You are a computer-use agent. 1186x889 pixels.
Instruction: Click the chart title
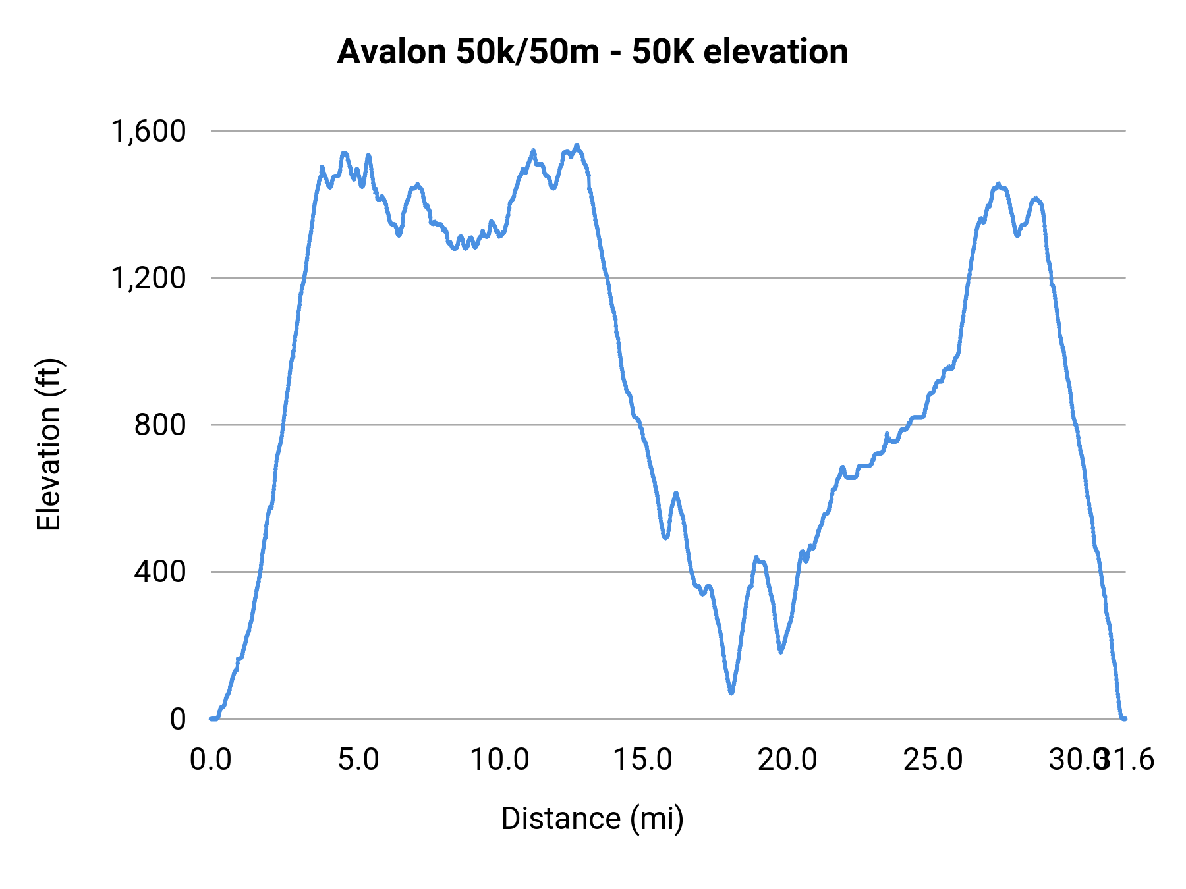point(592,52)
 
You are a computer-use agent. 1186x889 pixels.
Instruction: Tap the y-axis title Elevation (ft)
point(49,444)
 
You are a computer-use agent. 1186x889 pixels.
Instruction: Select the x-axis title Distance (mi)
point(592,819)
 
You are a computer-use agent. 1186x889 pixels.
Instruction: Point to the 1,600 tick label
point(149,131)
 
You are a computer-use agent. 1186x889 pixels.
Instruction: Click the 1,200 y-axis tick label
point(149,278)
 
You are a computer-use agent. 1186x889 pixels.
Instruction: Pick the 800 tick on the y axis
point(161,425)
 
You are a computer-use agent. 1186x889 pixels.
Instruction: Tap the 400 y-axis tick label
point(161,572)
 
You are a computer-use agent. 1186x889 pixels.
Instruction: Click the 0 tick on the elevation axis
point(178,718)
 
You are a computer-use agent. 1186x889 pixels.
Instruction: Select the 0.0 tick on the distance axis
point(211,760)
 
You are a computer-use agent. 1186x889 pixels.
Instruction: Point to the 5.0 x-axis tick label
point(358,760)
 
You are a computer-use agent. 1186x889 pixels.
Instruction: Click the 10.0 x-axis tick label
point(499,760)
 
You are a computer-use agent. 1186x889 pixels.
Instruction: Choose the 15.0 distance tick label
point(643,760)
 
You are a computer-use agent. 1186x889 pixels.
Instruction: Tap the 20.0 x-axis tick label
point(787,760)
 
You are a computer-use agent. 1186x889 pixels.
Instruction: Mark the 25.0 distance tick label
point(932,760)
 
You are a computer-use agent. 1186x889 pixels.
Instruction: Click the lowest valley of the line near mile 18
point(731,692)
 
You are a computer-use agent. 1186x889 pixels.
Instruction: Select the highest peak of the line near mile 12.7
point(577,146)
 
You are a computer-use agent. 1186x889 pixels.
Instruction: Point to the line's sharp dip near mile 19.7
point(781,651)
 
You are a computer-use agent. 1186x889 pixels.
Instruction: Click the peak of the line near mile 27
point(998,185)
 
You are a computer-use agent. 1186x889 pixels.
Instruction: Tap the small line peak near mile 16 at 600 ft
point(675,493)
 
